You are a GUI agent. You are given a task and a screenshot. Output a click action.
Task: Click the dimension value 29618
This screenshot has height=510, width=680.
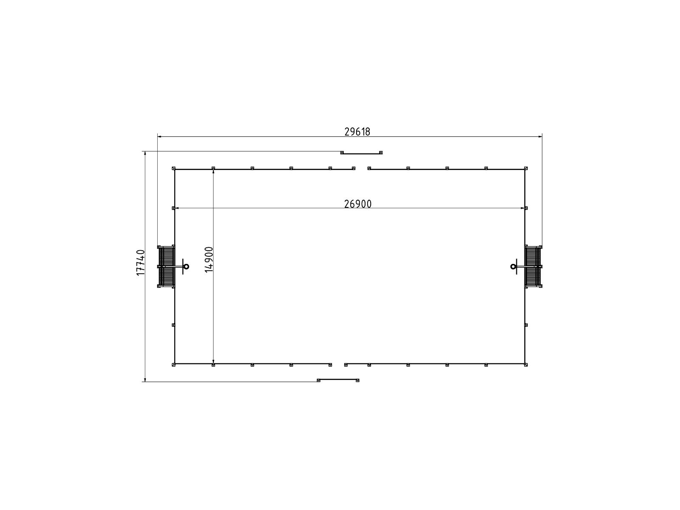click(x=357, y=132)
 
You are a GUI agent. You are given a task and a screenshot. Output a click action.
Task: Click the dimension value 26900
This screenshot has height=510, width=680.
click(x=358, y=204)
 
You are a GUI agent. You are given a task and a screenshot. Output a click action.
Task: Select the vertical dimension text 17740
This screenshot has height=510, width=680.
click(x=141, y=263)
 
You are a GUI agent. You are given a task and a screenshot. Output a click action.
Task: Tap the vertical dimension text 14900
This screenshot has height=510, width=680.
click(x=209, y=260)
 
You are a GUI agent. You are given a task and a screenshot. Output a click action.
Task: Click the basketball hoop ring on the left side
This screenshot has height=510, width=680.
click(x=186, y=266)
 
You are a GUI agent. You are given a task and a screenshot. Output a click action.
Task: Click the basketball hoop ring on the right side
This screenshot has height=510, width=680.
click(x=513, y=266)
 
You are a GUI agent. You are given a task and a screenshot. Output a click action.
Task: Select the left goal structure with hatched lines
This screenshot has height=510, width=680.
click(x=166, y=266)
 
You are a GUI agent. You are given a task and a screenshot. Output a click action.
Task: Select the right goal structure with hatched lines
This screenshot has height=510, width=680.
click(x=533, y=266)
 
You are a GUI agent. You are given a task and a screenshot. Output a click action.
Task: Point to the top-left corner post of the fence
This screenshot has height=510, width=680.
click(x=174, y=168)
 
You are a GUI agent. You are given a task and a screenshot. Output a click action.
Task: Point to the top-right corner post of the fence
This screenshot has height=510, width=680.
click(x=526, y=168)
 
